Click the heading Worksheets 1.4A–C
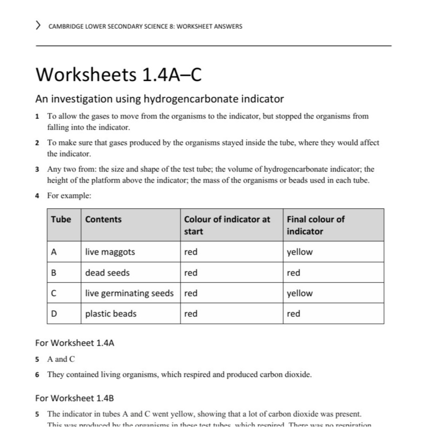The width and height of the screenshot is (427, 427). click(118, 75)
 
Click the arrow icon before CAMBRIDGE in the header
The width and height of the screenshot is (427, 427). click(39, 26)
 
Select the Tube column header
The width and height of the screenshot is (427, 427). click(61, 219)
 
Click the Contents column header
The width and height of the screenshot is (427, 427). click(103, 219)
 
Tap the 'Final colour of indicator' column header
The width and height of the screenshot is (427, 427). click(315, 225)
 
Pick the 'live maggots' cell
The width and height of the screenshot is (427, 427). click(110, 252)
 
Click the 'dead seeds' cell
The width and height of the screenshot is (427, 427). click(107, 273)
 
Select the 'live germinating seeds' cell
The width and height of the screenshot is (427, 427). click(129, 293)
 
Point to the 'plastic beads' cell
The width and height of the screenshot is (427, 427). click(111, 314)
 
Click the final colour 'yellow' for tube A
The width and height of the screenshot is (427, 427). click(300, 252)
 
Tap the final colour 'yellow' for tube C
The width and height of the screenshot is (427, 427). click(300, 293)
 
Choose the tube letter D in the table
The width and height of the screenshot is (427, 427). click(54, 314)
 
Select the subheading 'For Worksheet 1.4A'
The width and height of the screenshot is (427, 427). click(74, 343)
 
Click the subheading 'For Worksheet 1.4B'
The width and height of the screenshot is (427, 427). click(74, 398)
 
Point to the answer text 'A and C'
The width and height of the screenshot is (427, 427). click(61, 359)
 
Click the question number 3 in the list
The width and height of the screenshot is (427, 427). click(37, 170)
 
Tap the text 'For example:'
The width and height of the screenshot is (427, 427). click(69, 196)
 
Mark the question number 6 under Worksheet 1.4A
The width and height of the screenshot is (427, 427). click(37, 374)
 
